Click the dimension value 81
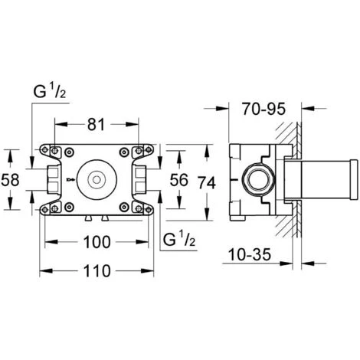coord(96,125)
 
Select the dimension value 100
coord(97,242)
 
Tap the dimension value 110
coord(97,270)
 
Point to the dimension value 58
coord(10,179)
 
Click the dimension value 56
coord(179,180)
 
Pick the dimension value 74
coord(207,183)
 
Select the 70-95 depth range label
coord(263,109)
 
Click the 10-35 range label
coord(250,254)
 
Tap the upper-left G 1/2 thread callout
coord(50,92)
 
